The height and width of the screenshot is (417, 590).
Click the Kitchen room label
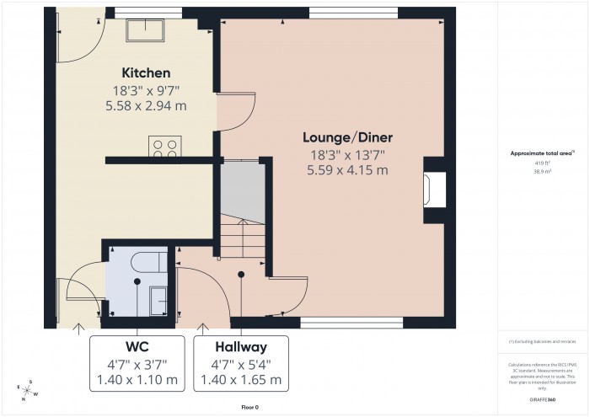pyautogui.click(x=146, y=72)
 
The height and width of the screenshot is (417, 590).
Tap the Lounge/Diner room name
pyautogui.click(x=348, y=136)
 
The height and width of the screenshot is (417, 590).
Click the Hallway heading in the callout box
pyautogui.click(x=241, y=346)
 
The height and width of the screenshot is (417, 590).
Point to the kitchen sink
pyautogui.click(x=146, y=30)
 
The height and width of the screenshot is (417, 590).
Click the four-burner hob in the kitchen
pyautogui.click(x=164, y=147)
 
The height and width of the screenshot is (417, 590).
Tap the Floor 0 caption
pyautogui.click(x=250, y=407)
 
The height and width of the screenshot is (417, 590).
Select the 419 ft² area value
pyautogui.click(x=542, y=162)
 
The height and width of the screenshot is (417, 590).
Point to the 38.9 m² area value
pyautogui.click(x=542, y=171)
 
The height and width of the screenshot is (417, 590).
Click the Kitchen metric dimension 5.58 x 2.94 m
pyautogui.click(x=146, y=106)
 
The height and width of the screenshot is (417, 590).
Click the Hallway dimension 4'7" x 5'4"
pyautogui.click(x=241, y=364)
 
